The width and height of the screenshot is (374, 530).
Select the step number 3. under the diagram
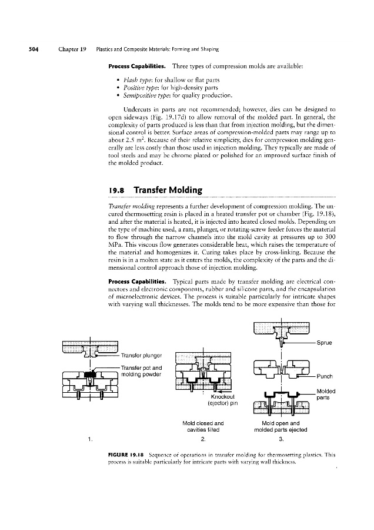click(281, 439)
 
